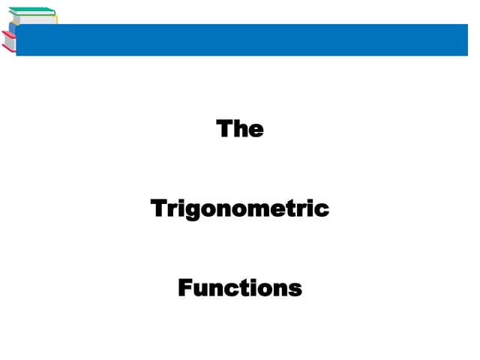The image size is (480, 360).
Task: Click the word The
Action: (240, 129)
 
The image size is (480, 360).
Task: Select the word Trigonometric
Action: (240, 208)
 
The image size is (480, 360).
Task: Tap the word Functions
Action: (240, 288)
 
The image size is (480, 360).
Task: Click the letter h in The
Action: (240, 129)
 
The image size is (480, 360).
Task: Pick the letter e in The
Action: (256, 130)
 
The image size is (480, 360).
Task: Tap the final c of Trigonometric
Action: (322, 209)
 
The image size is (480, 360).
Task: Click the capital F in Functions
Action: (185, 288)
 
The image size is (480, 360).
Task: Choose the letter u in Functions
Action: (200, 289)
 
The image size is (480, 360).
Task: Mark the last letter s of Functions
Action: (295, 289)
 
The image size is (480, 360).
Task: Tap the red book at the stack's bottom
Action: (9, 45)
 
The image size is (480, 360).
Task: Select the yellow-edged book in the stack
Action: (34, 19)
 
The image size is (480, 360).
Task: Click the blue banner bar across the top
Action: (247, 40)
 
